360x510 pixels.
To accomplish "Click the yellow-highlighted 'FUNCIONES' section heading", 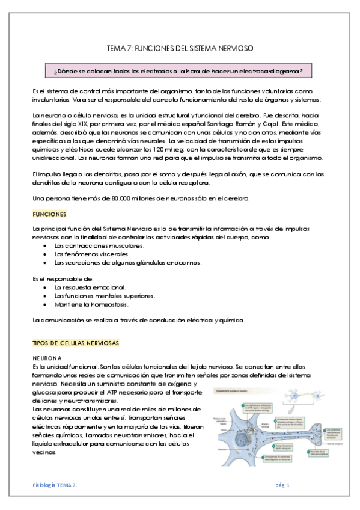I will pyautogui.click(x=49, y=214).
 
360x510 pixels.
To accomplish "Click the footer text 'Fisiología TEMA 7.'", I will pyautogui.click(x=55, y=485).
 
